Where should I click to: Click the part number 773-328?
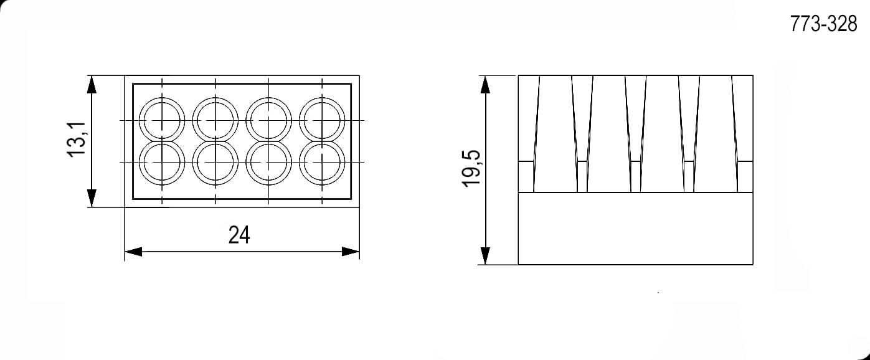pyautogui.click(x=823, y=24)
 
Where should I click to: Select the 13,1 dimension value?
pyautogui.click(x=77, y=140)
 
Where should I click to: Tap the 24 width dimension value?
pyautogui.click(x=239, y=235)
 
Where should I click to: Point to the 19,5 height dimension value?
pyautogui.click(x=471, y=169)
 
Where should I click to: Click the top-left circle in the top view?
pyautogui.click(x=139, y=120)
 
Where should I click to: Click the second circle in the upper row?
pyautogui.click(x=192, y=120)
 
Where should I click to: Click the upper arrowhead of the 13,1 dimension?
pyautogui.click(x=92, y=84)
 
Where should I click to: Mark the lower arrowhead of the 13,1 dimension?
pyautogui.click(x=92, y=198)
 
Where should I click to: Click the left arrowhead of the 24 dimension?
pyautogui.click(x=133, y=252)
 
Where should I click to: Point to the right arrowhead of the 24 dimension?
pyautogui.click(x=351, y=252)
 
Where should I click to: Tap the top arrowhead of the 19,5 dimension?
pyautogui.click(x=485, y=85)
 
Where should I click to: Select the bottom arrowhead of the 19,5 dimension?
pyautogui.click(x=485, y=255)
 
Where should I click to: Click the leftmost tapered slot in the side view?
pyautogui.click(x=556, y=133)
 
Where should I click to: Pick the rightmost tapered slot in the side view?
pyautogui.click(x=716, y=133)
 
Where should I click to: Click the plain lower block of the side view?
pyautogui.click(x=636, y=229)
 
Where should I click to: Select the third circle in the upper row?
pyautogui.click(x=246, y=120)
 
